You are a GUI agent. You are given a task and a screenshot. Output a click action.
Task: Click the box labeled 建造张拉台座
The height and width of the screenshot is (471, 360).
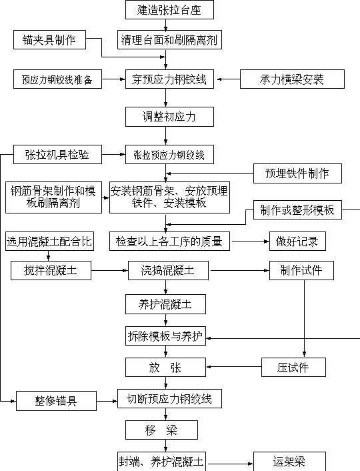(x=169, y=9)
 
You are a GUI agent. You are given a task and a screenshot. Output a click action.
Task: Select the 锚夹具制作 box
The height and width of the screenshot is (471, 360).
(x=49, y=39)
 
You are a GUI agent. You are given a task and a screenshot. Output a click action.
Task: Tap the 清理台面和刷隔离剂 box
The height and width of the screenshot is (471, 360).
(x=169, y=39)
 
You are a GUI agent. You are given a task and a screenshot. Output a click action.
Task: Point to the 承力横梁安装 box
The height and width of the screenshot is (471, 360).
(x=292, y=79)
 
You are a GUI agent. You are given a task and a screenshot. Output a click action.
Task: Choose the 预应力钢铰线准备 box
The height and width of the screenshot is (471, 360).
(x=57, y=79)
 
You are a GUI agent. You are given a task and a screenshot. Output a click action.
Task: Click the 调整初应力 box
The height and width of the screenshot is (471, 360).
(x=169, y=117)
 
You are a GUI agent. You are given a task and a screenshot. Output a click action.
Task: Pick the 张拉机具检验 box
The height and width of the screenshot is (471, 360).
(x=57, y=154)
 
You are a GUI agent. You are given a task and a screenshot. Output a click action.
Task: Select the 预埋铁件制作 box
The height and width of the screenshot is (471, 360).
(x=297, y=173)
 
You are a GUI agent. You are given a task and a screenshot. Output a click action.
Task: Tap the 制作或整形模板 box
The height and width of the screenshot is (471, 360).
(x=297, y=209)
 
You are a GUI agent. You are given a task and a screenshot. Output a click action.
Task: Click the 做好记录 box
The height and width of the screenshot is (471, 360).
(x=297, y=241)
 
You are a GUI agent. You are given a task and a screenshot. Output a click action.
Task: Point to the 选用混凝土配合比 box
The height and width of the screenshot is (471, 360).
(x=49, y=241)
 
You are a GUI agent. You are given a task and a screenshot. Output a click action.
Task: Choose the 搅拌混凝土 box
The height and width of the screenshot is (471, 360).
(x=51, y=270)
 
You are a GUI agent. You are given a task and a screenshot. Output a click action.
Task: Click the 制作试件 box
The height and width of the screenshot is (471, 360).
(x=301, y=270)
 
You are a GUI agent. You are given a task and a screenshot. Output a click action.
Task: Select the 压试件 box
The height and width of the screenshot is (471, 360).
(x=293, y=367)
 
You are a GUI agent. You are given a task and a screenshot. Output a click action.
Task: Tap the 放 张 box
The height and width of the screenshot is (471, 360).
(x=166, y=367)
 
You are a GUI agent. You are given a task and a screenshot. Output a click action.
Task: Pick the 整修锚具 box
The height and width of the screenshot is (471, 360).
(x=56, y=401)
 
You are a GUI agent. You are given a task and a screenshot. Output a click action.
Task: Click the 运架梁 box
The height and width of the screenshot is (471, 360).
(x=289, y=462)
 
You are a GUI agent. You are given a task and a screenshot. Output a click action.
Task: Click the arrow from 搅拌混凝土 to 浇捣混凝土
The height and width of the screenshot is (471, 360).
(x=109, y=271)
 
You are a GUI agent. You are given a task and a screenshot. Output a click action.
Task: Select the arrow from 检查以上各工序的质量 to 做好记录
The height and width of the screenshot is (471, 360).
(x=251, y=242)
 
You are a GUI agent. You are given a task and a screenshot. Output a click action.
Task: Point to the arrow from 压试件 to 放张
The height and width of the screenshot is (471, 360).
(x=234, y=367)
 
